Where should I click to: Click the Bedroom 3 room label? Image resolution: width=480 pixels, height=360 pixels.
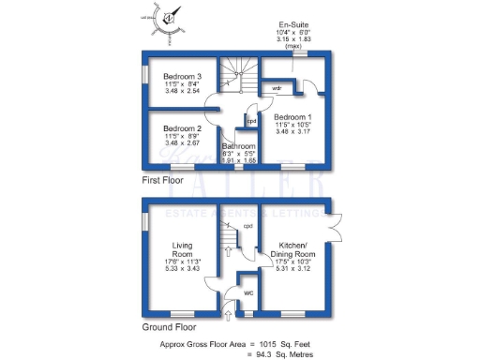(x=183, y=76)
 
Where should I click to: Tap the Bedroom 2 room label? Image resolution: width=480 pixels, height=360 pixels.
(x=182, y=128)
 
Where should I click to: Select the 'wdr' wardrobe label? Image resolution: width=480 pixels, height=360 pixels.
(x=277, y=88)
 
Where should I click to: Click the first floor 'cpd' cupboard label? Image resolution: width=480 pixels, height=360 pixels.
(x=250, y=120)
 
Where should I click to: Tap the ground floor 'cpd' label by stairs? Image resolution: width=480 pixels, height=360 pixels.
(x=247, y=226)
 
